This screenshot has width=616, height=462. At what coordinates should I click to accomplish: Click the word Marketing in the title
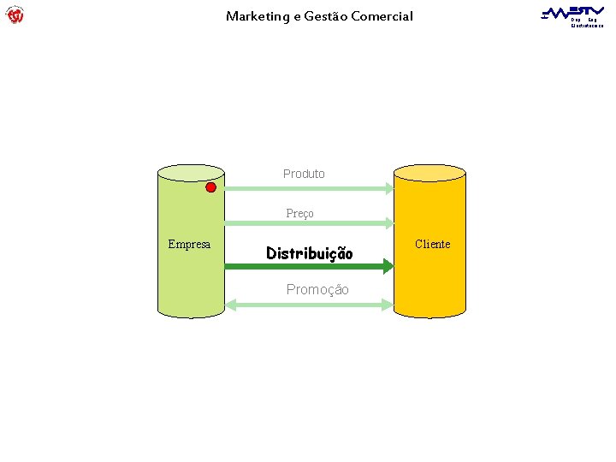257,15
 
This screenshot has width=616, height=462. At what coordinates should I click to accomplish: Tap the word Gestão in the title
326,15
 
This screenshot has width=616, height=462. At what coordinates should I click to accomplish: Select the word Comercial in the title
381,15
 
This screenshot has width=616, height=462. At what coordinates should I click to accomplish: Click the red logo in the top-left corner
15,15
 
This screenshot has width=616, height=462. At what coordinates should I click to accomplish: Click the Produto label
304,174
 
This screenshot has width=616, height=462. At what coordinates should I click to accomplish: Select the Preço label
299,213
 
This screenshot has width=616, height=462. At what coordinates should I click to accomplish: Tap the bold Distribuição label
309,253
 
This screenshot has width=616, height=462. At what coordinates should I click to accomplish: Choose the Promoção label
317,290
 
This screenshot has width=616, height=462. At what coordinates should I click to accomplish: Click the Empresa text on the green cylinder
189,245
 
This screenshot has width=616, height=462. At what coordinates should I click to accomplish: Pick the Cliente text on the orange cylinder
432,245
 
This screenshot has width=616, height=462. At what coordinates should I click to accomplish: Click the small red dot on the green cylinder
210,188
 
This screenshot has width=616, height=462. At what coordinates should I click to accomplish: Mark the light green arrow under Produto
308,188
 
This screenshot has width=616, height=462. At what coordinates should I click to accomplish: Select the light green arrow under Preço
308,223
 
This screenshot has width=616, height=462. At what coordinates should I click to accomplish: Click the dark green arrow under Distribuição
308,268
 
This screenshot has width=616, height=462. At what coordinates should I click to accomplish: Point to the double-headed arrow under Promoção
308,304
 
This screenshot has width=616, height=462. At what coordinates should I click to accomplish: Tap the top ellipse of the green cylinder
191,173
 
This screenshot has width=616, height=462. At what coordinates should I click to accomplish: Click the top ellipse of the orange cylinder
429,173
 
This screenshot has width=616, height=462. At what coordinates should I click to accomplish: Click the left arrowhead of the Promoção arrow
230,304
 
